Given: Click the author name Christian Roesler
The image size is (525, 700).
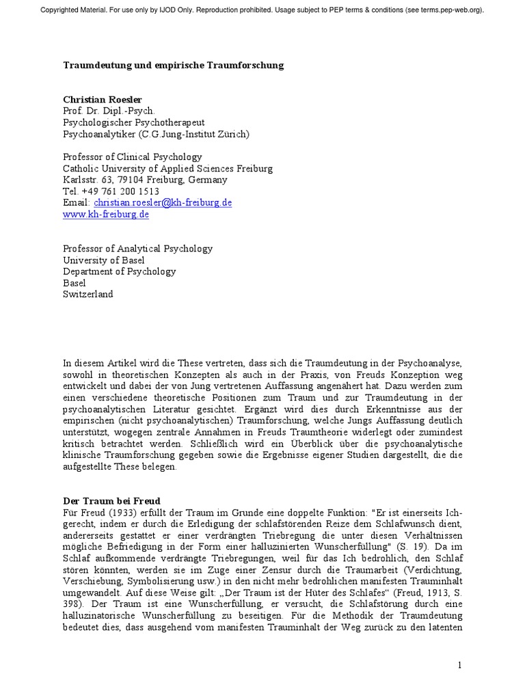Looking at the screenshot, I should coord(103,98).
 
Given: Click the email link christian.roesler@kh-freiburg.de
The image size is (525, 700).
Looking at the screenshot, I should coord(163,203).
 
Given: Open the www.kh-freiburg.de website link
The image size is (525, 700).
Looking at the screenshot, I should coord(106,214).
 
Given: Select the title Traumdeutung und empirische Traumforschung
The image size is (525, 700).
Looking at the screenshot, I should coord(173,65).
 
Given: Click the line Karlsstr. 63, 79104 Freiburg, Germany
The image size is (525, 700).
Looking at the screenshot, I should coord(145,180).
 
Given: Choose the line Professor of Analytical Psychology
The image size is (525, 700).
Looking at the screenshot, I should coord(137,249).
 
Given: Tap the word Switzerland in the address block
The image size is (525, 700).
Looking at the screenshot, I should coord(88,295).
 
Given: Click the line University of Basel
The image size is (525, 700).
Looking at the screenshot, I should coord(105,260).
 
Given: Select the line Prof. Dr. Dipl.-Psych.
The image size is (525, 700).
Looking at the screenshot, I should coord(109,111).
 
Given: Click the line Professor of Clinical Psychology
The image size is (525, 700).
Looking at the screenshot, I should coord(133,157).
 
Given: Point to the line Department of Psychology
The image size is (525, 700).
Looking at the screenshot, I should coord(119,271).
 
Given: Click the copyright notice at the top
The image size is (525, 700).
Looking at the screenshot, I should coord(262,10).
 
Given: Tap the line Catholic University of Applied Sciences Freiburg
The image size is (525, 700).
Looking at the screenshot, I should coord(167,168).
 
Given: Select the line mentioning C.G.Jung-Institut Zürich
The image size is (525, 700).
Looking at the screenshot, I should coord(156,134).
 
